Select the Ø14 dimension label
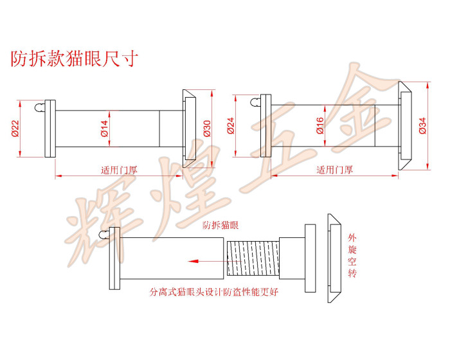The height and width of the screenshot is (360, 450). point(104,128)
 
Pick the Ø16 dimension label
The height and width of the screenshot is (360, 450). point(319,124)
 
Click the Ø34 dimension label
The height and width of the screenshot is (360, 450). point(422,124)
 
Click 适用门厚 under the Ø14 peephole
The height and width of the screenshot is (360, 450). point(120,170)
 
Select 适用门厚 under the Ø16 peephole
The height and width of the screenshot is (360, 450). point(334,170)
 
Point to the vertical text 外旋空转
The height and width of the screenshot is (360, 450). point(352,256)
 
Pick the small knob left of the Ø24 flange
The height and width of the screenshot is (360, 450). point(256,102)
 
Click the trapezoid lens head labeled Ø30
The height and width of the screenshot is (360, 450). point(189,128)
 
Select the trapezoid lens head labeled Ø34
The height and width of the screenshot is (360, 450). point(406,125)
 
